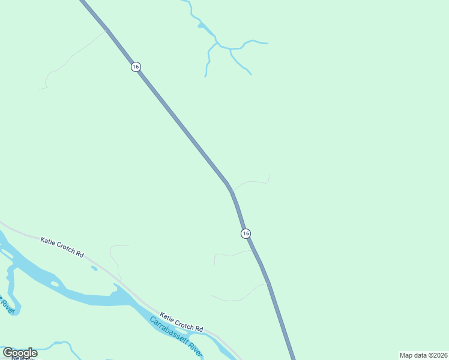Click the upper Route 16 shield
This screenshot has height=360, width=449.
click(136, 67)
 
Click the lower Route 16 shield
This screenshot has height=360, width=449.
click(246, 233)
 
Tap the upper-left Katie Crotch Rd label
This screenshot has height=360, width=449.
click(62, 246)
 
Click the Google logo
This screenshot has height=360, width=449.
click(20, 353)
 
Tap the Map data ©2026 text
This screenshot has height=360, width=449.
click(424, 355)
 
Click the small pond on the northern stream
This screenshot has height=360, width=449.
click(202, 26)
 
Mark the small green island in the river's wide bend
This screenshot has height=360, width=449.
click(55, 284)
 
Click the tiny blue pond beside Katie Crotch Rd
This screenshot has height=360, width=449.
click(94, 268)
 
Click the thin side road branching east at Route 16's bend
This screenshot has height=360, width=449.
click(252, 181)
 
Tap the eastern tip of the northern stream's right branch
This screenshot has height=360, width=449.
click(266, 43)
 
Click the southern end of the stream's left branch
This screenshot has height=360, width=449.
click(205, 76)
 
